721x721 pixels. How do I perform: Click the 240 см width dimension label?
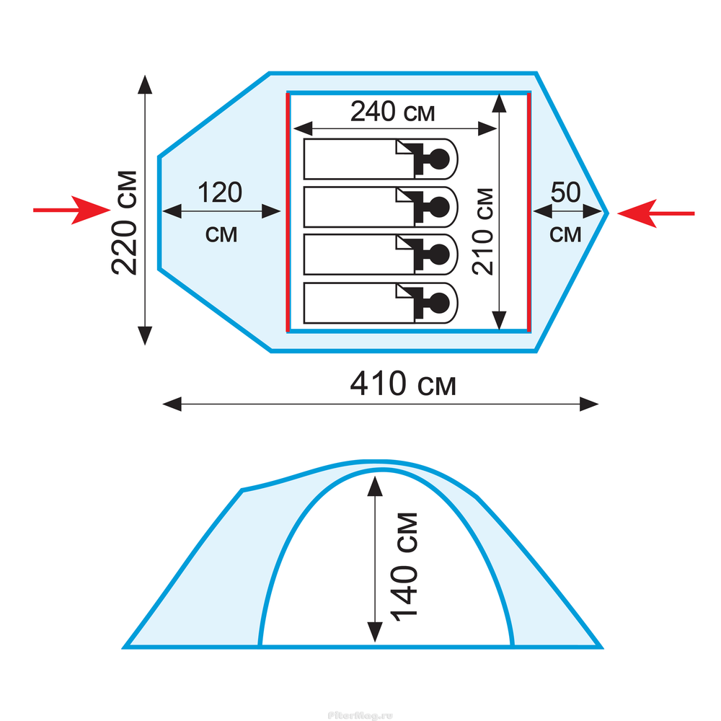click(x=392, y=112)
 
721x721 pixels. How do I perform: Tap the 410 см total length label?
click(x=403, y=384)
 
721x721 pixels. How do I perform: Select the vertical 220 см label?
click(x=125, y=223)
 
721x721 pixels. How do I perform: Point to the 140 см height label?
click(x=404, y=567)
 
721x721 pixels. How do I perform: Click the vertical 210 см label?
click(x=483, y=231)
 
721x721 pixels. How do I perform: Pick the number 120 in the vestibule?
click(x=220, y=193)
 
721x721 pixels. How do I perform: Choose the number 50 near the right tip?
click(x=565, y=193)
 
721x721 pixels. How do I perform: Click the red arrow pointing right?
click(x=71, y=210)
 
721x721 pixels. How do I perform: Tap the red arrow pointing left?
click(x=655, y=213)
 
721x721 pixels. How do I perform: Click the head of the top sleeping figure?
click(x=438, y=159)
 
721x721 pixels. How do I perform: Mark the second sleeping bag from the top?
click(x=381, y=207)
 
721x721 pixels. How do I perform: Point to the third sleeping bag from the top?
click(x=381, y=255)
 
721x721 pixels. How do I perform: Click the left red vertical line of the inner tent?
click(x=288, y=212)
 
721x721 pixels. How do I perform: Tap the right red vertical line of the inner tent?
click(x=529, y=212)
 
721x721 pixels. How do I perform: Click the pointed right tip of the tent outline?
click(x=608, y=213)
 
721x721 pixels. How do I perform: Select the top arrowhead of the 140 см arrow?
click(x=375, y=485)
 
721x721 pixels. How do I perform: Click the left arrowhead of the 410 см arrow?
click(x=172, y=404)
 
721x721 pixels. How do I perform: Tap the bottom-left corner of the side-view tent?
click(x=124, y=647)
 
